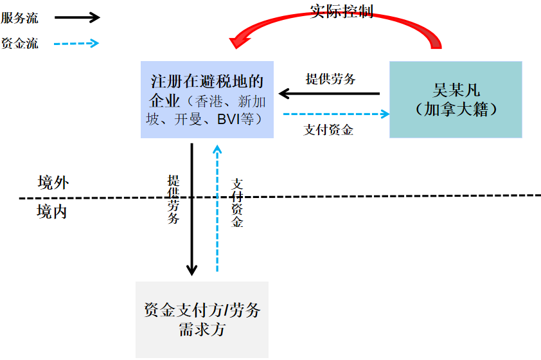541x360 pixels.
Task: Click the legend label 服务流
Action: click(20, 18)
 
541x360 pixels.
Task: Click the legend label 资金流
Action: click(20, 44)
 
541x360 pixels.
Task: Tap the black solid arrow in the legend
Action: click(76, 17)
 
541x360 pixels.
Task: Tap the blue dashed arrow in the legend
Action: click(76, 44)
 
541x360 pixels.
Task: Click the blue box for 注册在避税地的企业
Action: click(207, 100)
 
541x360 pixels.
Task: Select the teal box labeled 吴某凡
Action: click(456, 100)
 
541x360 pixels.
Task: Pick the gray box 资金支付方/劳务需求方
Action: click(202, 319)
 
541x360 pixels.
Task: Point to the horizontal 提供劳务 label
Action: click(331, 80)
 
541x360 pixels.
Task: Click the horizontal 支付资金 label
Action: click(328, 130)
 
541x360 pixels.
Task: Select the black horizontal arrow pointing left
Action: click(329, 94)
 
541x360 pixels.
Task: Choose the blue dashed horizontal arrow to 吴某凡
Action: click(336, 114)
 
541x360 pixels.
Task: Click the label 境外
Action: click(53, 183)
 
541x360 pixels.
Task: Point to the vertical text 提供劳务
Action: click(173, 199)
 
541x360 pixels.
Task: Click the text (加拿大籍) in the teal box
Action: click(456, 109)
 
